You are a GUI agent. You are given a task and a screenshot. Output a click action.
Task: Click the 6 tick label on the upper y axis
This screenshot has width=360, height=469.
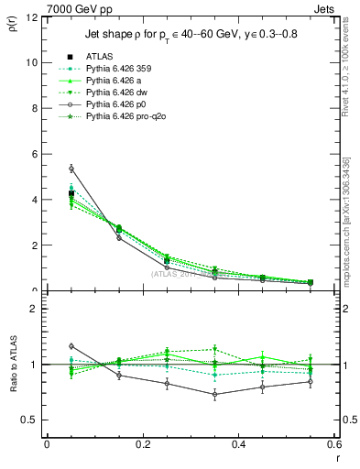coord(35,154)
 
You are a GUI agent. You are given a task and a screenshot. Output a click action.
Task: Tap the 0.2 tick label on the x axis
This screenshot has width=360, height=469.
coord(142,444)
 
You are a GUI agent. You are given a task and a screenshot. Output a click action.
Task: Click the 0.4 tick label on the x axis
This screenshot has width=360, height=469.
coord(238,444)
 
